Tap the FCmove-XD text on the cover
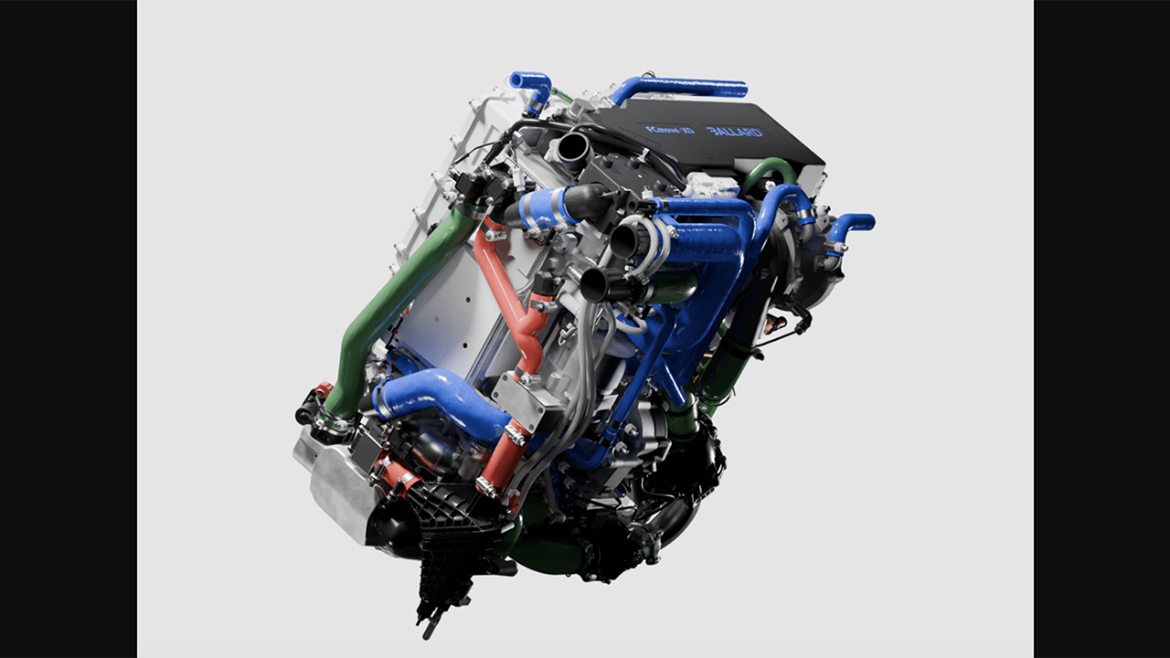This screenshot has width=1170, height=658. click(x=670, y=130)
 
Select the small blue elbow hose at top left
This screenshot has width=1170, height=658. click(x=533, y=88)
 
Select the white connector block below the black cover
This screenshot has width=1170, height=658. click(x=712, y=186)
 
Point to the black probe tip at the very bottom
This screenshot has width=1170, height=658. click(x=428, y=628)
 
